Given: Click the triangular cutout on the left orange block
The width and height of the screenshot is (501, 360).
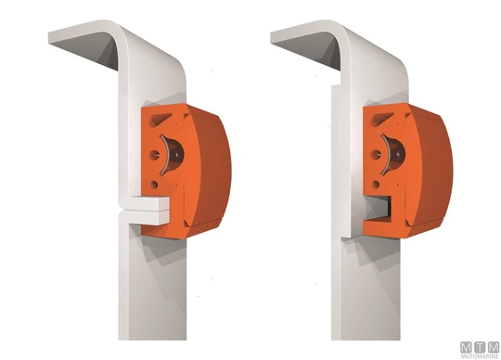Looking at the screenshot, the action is point(160,119).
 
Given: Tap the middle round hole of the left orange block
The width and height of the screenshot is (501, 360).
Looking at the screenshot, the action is point(155,155).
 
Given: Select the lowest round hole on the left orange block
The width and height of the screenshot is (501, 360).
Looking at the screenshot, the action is point(154,185).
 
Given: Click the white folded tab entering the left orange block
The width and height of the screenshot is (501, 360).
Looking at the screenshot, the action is point(146,211).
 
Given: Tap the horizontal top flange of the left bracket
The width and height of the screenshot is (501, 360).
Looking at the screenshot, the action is point(83,45).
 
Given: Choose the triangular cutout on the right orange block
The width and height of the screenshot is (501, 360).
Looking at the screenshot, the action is point(381,119).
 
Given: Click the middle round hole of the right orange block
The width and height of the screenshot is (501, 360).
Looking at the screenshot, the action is point(376,155).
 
